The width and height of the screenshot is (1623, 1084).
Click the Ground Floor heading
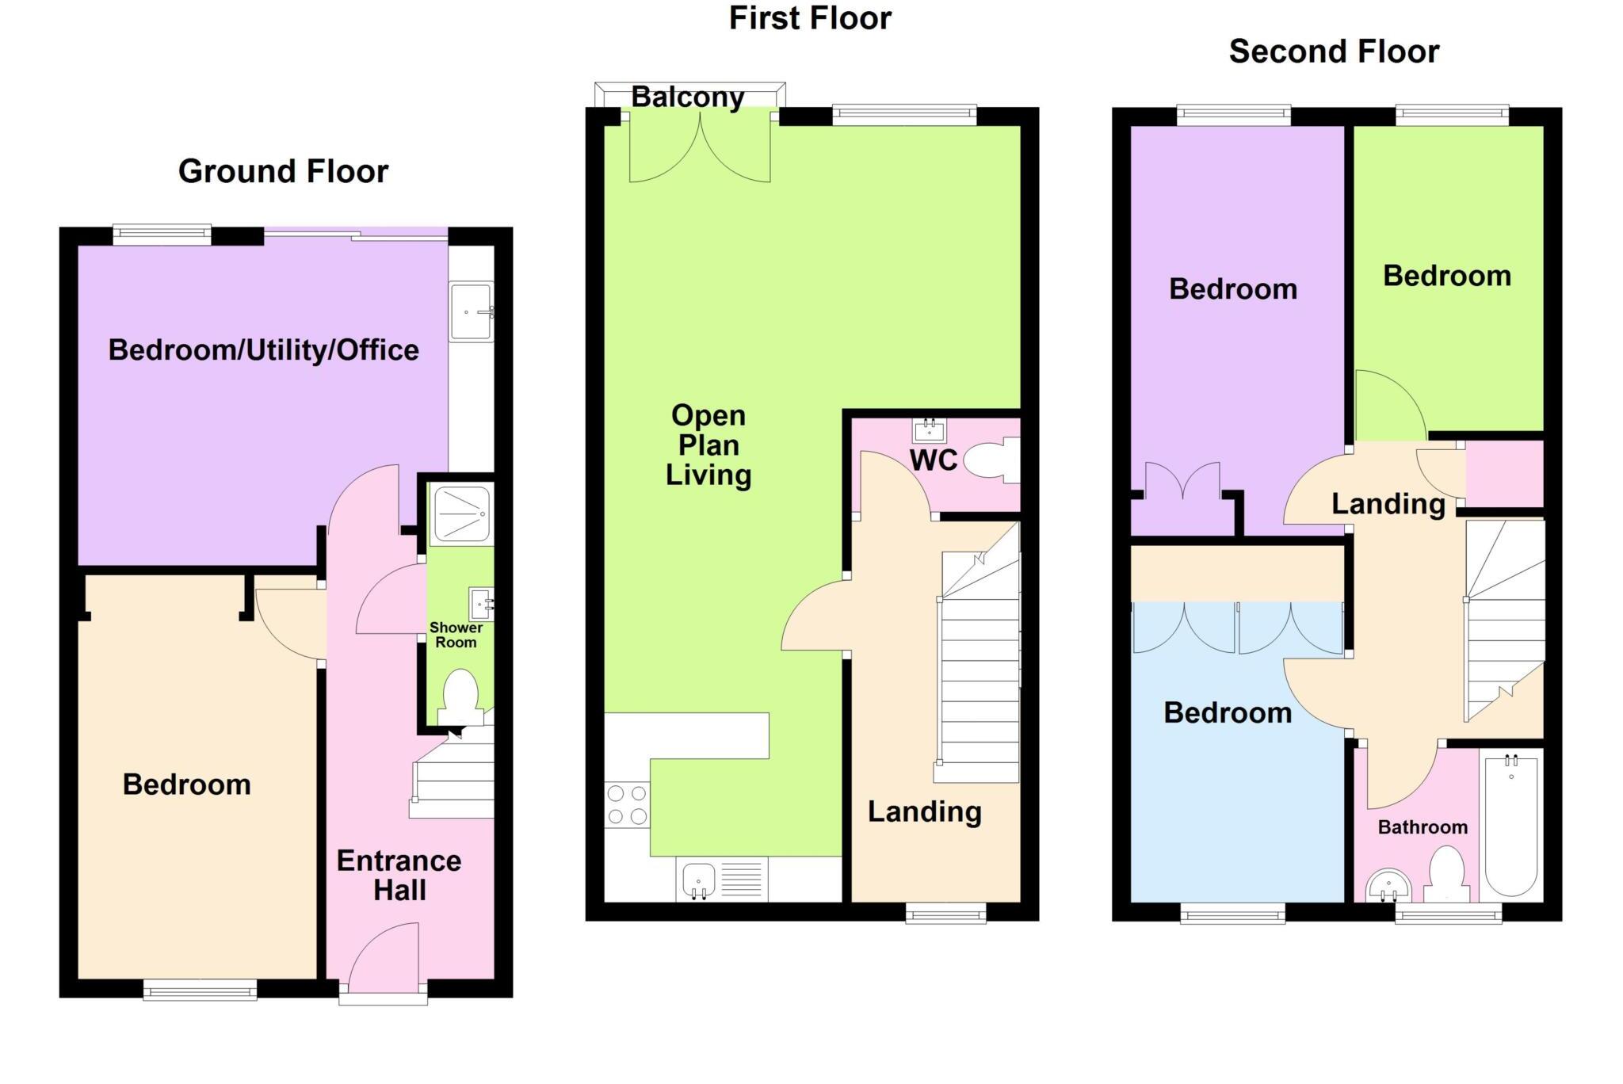(283, 171)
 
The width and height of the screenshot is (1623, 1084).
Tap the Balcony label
(687, 97)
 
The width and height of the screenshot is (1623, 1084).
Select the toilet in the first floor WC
(990, 460)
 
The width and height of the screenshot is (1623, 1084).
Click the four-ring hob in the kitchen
(627, 804)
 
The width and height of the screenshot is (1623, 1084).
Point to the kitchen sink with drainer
(721, 880)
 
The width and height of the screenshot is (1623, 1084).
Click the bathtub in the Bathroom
(1511, 825)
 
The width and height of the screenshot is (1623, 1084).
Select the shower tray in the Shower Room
(460, 514)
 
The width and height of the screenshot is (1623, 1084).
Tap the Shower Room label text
(456, 635)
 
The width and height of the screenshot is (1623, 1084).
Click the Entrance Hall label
(399, 875)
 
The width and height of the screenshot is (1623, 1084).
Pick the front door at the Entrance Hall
(384, 958)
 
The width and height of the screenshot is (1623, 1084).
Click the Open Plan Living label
(708, 445)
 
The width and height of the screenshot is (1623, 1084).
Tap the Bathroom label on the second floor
(1423, 827)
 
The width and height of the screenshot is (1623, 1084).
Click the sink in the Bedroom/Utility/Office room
(471, 312)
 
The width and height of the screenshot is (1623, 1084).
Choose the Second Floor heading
(1333, 52)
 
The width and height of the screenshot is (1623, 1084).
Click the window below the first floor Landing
(946, 914)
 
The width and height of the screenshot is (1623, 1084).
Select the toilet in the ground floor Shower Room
(460, 696)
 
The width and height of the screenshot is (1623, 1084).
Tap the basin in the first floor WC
(928, 431)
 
